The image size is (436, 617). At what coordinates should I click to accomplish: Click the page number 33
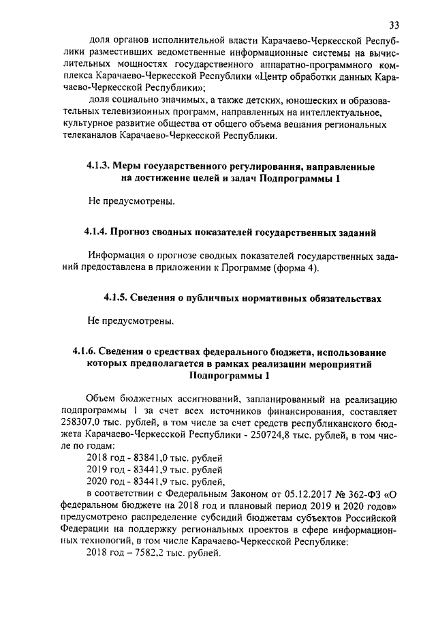coord(394,25)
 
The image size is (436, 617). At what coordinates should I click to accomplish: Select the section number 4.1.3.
coord(98,166)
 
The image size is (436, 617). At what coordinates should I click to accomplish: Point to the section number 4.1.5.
coord(116,297)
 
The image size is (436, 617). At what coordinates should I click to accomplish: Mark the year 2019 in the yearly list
coord(100,470)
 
